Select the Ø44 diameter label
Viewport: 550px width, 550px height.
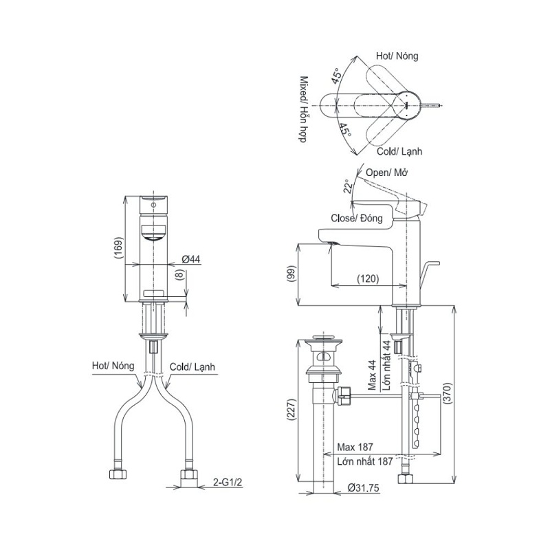tap(190, 259)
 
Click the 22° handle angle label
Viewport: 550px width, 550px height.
tap(348, 186)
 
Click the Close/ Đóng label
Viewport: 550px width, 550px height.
tap(357, 218)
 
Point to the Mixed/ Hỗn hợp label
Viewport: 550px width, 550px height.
tap(302, 110)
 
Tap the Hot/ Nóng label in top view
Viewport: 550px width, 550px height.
tap(397, 56)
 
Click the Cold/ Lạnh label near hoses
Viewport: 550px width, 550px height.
tap(192, 368)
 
